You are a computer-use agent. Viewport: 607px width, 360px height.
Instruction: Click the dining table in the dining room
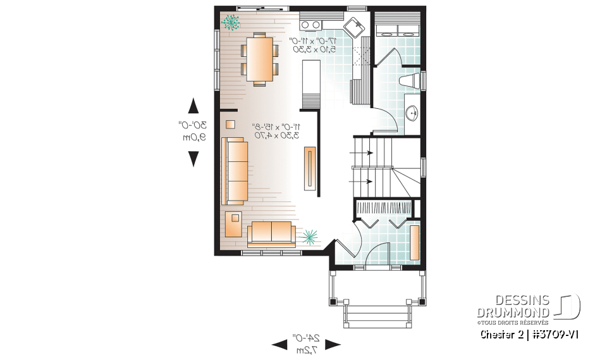click(259, 58)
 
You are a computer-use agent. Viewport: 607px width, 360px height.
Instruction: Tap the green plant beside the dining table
click(231, 23)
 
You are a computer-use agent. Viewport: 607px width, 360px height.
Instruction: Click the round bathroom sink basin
click(412, 113)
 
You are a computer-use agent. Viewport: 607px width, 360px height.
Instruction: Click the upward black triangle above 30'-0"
click(193, 106)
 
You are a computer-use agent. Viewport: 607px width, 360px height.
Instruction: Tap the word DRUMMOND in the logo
click(513, 313)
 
